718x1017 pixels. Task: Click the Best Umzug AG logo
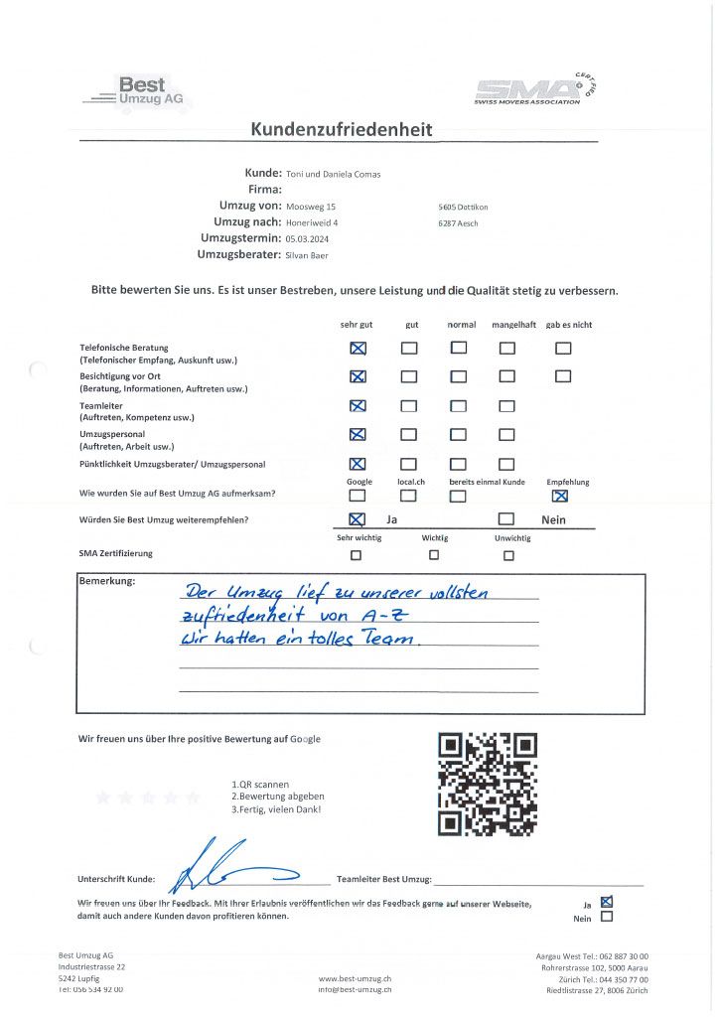click(x=139, y=92)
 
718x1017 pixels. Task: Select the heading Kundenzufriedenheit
click(x=341, y=129)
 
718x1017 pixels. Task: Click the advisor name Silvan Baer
click(x=308, y=255)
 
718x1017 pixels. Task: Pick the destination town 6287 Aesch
click(x=458, y=223)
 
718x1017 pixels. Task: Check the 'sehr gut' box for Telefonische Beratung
click(x=359, y=348)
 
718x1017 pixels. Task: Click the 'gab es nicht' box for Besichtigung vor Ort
click(x=563, y=376)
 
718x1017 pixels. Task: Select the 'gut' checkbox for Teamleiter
click(x=409, y=405)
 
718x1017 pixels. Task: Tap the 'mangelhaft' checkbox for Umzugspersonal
click(x=506, y=434)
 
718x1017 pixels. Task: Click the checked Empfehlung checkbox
click(x=560, y=497)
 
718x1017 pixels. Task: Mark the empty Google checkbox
click(x=358, y=497)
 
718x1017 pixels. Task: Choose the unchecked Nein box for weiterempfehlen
click(x=506, y=518)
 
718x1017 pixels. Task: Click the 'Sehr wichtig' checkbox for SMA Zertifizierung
click(x=358, y=555)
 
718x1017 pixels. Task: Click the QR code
click(x=488, y=784)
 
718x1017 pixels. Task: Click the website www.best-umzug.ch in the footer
click(x=355, y=978)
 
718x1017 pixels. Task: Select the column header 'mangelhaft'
click(x=513, y=325)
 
